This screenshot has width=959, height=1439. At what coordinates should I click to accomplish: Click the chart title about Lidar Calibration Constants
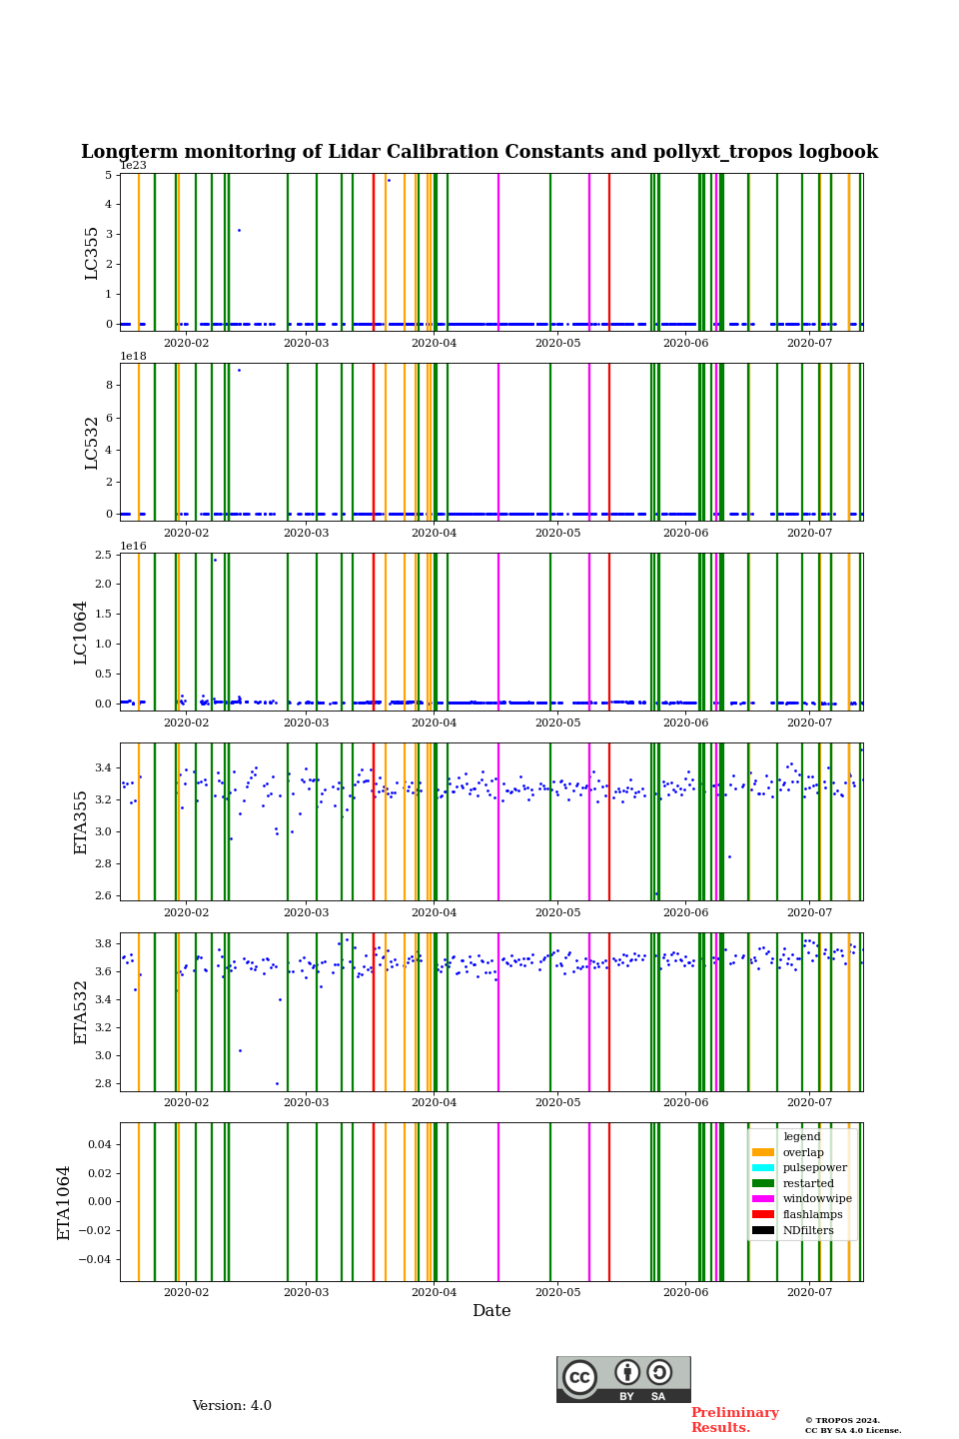[x=479, y=152]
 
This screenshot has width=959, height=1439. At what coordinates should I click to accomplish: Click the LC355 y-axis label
[x=92, y=253]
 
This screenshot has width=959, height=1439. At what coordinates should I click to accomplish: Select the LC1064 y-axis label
[x=81, y=632]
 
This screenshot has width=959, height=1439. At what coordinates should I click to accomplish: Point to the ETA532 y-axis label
[x=81, y=1011]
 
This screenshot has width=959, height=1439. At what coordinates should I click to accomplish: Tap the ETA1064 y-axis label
[x=64, y=1202]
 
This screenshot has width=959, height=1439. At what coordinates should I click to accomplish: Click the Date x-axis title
[x=491, y=1311]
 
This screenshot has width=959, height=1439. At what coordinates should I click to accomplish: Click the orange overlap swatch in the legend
[x=763, y=1152]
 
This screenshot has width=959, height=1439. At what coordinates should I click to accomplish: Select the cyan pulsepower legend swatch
[x=763, y=1168]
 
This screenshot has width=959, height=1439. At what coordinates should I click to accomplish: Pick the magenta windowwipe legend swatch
[x=763, y=1199]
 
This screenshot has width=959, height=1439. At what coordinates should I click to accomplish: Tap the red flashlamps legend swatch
[x=763, y=1215]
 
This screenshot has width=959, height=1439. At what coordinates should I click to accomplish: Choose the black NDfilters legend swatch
[x=763, y=1230]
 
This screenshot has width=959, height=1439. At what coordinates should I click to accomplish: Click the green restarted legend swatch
[x=763, y=1183]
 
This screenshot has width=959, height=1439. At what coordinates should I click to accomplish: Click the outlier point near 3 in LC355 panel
[x=239, y=230]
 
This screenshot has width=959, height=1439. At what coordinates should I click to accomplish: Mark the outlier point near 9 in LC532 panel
[x=239, y=370]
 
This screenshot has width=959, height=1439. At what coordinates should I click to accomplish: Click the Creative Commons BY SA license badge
[x=623, y=1379]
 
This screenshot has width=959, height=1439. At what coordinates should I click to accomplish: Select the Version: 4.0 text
[x=232, y=1406]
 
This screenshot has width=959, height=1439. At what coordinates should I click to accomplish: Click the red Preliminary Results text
[x=734, y=1420]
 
